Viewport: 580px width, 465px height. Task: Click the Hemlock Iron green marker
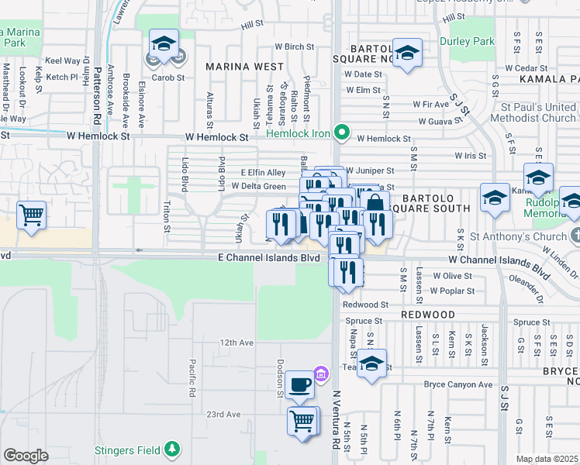pyautogui.click(x=340, y=133)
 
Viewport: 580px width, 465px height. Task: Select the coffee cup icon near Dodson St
pyautogui.click(x=300, y=384)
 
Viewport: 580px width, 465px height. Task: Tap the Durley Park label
pyautogui.click(x=467, y=41)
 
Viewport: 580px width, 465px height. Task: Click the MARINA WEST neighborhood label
pyautogui.click(x=244, y=67)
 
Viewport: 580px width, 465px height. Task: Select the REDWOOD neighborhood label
pyautogui.click(x=428, y=315)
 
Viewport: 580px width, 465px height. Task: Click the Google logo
pyautogui.click(x=25, y=456)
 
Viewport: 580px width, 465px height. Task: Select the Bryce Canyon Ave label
pyautogui.click(x=457, y=384)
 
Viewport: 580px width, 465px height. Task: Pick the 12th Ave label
pyautogui.click(x=236, y=342)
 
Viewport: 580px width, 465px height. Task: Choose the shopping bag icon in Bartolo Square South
pyautogui.click(x=375, y=203)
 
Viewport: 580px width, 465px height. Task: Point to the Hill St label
pyautogui.click(x=252, y=26)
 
